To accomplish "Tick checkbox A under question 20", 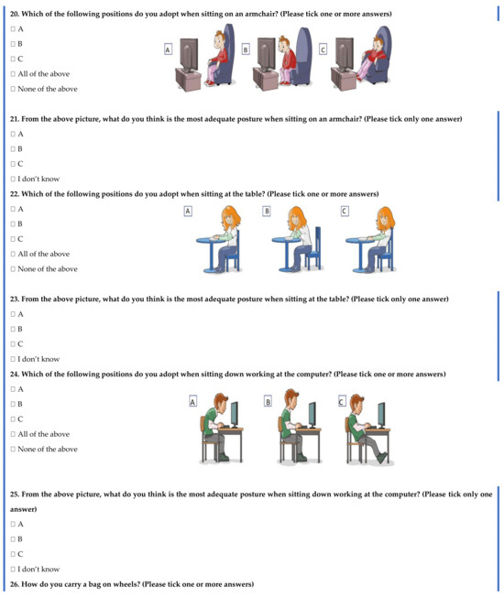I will point(13,29).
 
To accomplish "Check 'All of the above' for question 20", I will point(13,74).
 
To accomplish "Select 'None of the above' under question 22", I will point(13,269).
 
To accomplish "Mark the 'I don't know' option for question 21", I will point(13,179).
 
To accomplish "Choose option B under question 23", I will point(13,329).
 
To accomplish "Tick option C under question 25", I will point(13,554).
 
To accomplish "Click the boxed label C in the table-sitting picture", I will point(345,212).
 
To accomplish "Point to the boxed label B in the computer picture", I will point(268,401).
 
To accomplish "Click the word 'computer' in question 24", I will point(312,374).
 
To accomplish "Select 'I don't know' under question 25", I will point(13,569).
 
